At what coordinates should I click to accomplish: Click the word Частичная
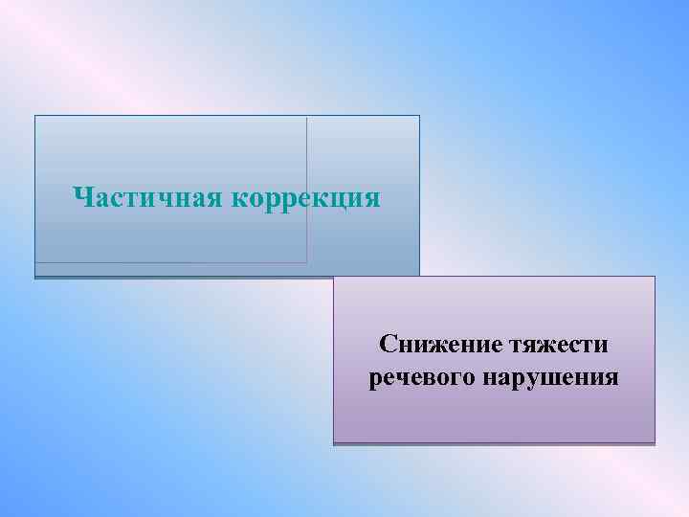[147, 198]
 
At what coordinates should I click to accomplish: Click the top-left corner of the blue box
[35, 116]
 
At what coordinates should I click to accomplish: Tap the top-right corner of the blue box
[419, 116]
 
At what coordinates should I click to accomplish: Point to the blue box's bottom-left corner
[35, 278]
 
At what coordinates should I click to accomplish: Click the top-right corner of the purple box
[655, 277]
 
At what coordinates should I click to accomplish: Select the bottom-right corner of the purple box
[655, 444]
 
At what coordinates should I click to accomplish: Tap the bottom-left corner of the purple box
[334, 444]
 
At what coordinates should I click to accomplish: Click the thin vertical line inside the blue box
[307, 191]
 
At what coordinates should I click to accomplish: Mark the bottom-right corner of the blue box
[419, 278]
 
